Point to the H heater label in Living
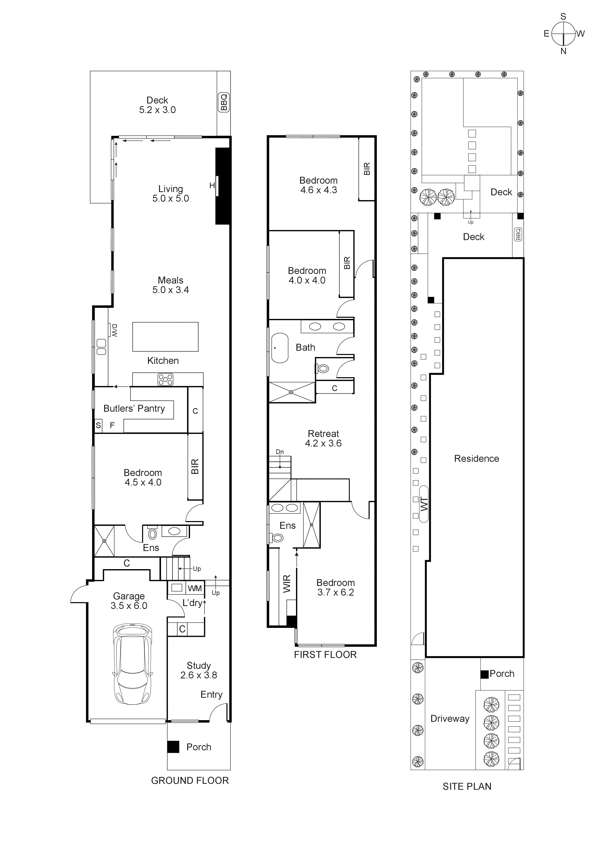[212, 186]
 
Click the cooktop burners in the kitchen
[165, 380]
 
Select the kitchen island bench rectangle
[165, 337]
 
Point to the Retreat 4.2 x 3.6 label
[323, 438]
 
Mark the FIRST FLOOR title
[325, 654]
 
